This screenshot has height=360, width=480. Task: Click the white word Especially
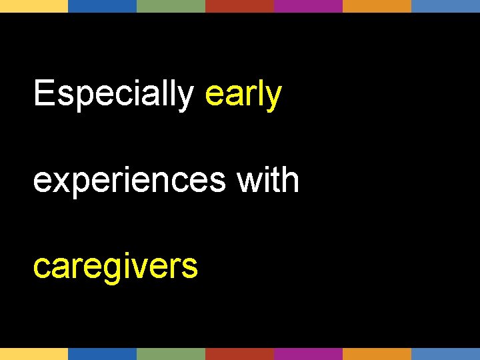coord(113,94)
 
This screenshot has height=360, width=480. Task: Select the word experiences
coord(129,181)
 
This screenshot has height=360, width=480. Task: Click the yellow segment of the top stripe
coord(34,6)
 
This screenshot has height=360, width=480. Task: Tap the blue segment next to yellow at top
coord(103,6)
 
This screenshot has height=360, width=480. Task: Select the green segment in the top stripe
coord(171,6)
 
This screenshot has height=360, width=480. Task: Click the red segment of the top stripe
coord(240,6)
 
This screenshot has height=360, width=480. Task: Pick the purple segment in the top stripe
coord(309,6)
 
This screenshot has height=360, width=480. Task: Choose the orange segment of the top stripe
coord(377,6)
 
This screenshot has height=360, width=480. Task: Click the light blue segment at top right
coord(445,6)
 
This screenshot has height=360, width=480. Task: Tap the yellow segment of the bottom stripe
coord(34,354)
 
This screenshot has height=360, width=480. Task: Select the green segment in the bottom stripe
coord(171,354)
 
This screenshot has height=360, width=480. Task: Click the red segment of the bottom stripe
coord(240,354)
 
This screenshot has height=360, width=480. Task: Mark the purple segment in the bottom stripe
coord(309,354)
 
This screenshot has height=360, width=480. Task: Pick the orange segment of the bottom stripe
coord(377,354)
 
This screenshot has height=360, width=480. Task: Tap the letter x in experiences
coord(59,181)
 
